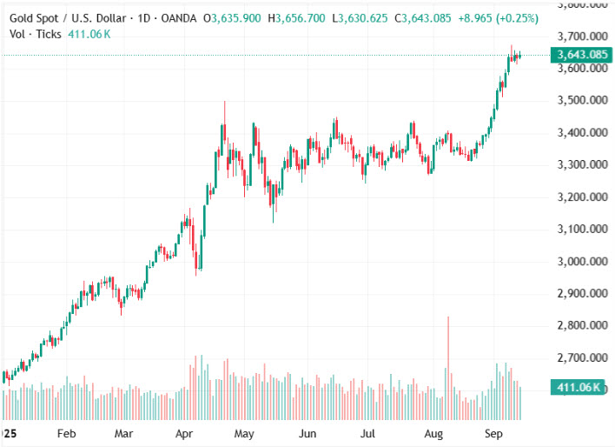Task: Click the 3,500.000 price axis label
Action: tap(583, 100)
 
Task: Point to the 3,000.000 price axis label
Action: tap(583, 261)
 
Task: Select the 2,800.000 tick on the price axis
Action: tap(583, 325)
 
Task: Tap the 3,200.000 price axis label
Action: tap(583, 197)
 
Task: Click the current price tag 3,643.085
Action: tap(582, 55)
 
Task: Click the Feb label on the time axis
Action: tap(65, 432)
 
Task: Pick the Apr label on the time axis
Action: tap(184, 432)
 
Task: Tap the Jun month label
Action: tap(307, 432)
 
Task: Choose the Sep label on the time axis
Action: tap(493, 432)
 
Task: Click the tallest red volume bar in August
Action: tap(448, 357)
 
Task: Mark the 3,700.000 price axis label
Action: tap(583, 37)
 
